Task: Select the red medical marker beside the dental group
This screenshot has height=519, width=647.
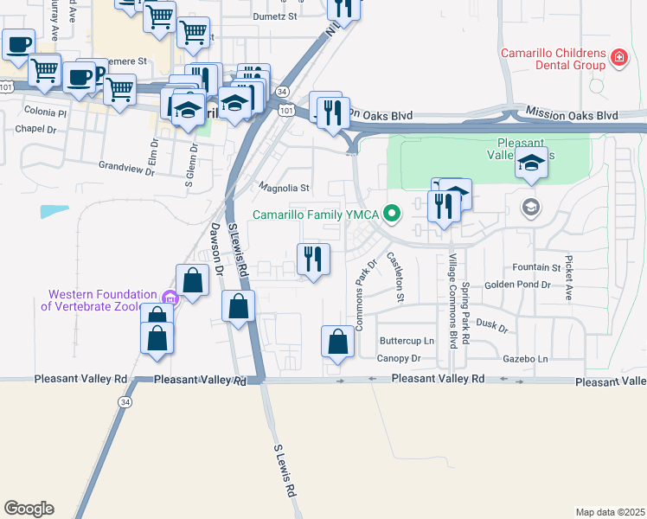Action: (618, 58)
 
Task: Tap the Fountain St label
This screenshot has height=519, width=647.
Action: (537, 267)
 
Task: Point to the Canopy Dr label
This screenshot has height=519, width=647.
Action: (398, 358)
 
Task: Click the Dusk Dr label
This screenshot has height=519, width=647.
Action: (492, 325)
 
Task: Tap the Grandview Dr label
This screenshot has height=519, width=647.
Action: (125, 167)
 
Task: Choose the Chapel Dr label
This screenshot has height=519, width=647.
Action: (35, 129)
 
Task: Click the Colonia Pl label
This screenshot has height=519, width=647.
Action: (45, 112)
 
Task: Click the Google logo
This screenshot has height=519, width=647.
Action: (29, 508)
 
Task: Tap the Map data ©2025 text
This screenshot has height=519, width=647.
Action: (610, 512)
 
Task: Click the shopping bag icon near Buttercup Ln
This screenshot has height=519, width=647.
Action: (337, 342)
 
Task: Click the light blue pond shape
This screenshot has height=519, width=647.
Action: (54, 210)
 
